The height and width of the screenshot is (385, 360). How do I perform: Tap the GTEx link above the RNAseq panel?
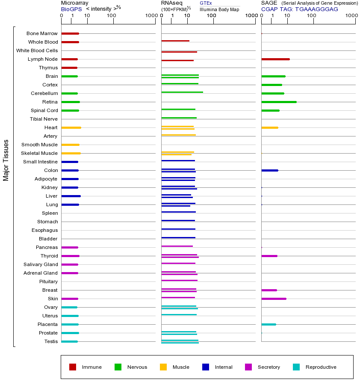[206, 3]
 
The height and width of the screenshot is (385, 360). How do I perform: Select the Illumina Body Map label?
[219, 9]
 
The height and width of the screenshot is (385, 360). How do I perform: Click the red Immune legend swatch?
[73, 367]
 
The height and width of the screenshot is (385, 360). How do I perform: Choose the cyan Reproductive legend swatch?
[296, 367]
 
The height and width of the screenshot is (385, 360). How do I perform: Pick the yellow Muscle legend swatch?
[163, 367]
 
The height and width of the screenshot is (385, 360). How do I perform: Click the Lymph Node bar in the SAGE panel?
[275, 59]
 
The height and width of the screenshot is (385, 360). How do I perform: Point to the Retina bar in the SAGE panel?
[279, 102]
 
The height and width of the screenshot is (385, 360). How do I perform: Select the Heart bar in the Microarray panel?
[71, 127]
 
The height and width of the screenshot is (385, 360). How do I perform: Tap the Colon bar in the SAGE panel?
[269, 170]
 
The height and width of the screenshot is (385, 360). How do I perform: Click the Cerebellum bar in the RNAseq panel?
[182, 92]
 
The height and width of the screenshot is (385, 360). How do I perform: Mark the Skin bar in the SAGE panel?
[274, 299]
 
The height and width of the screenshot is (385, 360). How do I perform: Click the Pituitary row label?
[48, 281]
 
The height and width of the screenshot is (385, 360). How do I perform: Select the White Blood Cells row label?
[37, 50]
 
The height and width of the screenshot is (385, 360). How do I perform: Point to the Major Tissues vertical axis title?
[6, 160]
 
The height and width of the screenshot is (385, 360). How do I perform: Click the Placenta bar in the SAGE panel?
[269, 324]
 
